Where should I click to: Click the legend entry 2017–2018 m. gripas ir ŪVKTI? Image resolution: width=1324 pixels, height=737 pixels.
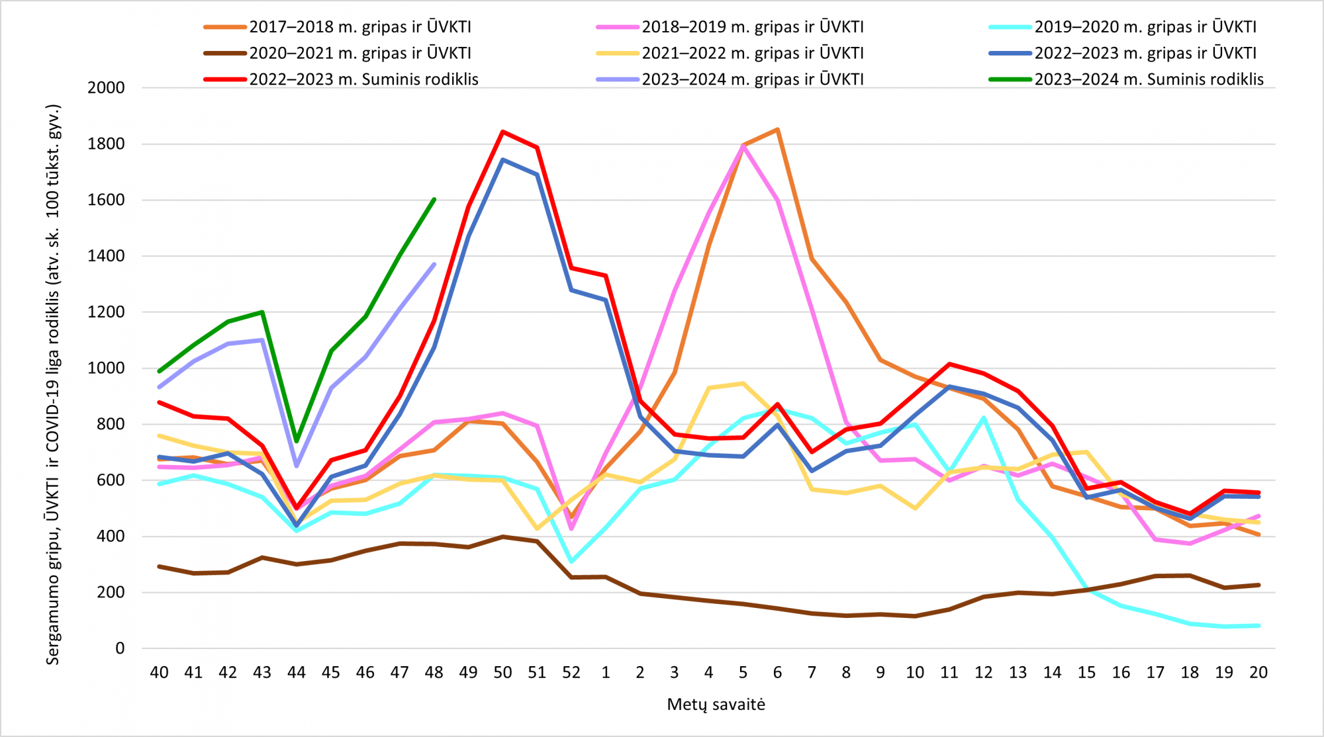[x=338, y=27]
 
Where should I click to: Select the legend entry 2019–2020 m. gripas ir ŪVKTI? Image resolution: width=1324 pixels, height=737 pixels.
[x=1123, y=27]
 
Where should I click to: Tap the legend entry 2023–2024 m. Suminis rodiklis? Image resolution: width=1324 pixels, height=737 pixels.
[x=1126, y=79]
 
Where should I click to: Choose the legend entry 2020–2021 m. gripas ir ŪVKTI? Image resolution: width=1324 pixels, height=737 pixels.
[x=338, y=53]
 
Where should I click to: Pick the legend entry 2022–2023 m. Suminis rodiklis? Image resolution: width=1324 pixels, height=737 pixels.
[x=341, y=79]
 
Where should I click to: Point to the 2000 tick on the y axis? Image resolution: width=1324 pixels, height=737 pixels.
[x=106, y=88]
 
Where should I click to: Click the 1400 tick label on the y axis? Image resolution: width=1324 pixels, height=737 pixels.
[x=106, y=256]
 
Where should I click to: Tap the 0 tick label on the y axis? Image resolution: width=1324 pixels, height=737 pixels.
[x=120, y=648]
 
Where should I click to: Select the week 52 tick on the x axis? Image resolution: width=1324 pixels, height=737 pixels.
[x=571, y=673]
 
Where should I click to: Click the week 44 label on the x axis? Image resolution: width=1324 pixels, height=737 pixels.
[x=297, y=673]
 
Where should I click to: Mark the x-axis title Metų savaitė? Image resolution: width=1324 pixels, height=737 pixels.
[x=716, y=705]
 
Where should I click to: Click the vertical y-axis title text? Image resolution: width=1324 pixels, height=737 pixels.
[x=53, y=384]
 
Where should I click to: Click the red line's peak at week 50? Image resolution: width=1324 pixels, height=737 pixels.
[x=502, y=131]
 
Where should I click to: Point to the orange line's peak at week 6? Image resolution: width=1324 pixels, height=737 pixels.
[x=777, y=129]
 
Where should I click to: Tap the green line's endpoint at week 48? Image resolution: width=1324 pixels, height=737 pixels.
[x=434, y=198]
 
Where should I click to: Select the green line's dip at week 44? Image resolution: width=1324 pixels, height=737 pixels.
[x=297, y=441]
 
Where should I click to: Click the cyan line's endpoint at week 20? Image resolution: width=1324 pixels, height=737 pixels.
[x=1258, y=626]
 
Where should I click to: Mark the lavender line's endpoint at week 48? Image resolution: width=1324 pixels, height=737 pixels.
[x=434, y=264]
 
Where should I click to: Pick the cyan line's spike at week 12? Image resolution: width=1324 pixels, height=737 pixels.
[x=984, y=417]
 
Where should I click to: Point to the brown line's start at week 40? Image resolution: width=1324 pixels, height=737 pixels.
[x=159, y=566]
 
